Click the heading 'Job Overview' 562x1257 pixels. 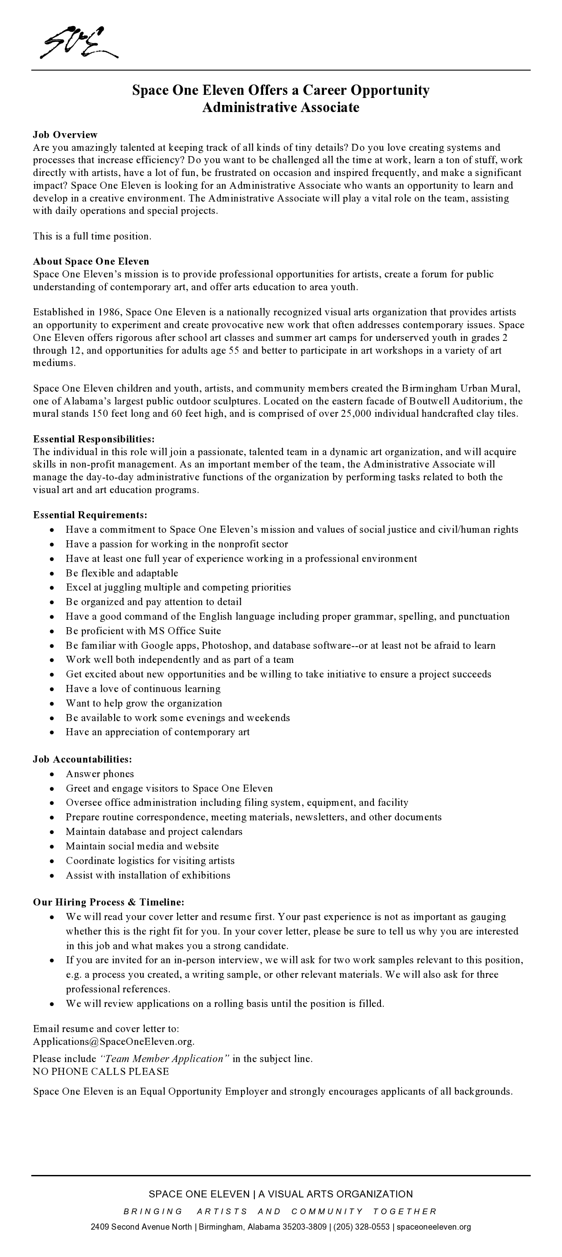65,135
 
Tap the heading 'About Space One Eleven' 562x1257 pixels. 91,262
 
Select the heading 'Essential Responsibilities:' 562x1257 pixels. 93,439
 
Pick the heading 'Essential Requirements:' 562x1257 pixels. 90,515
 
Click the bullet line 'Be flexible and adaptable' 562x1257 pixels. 122,573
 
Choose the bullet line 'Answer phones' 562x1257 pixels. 100,774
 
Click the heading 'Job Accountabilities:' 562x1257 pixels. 82,759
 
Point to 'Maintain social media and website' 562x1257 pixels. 142,846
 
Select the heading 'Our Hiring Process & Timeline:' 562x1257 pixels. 108,902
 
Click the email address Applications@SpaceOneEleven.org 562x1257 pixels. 114,1041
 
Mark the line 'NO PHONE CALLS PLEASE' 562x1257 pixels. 101,1072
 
